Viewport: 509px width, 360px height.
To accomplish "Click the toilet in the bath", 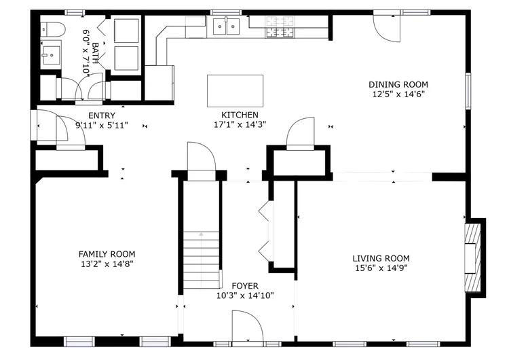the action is click(x=53, y=29).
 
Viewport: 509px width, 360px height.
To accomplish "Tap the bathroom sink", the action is click(x=52, y=55).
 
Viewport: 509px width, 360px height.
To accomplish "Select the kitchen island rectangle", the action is click(x=235, y=91).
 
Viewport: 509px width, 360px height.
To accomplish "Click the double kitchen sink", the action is click(x=226, y=26).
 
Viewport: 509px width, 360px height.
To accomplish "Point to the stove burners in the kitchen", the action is click(x=280, y=26).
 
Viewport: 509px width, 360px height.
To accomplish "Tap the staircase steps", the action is click(x=202, y=260).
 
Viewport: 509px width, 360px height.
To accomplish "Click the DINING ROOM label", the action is click(x=398, y=84).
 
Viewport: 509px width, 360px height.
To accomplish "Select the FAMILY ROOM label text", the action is click(x=107, y=254).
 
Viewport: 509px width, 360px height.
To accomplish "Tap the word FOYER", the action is click(x=245, y=286).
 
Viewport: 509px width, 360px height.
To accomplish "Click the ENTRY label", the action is click(x=102, y=115).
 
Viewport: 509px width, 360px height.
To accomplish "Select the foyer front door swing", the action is click(x=247, y=325).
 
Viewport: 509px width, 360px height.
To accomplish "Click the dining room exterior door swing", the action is click(x=386, y=28).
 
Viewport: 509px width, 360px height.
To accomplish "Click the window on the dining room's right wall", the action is click(x=468, y=90).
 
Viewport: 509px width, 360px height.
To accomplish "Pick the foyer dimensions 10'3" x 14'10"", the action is click(x=245, y=295).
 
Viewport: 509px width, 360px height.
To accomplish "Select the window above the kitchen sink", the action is click(x=226, y=13).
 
